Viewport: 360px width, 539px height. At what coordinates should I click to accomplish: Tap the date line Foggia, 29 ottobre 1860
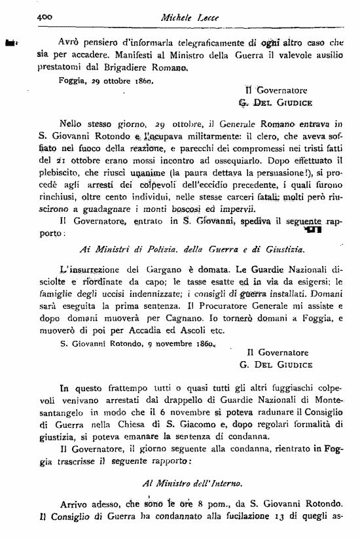pyautogui.click(x=105, y=81)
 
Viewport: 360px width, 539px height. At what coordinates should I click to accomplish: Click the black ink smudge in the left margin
pyautogui.click(x=10, y=43)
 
